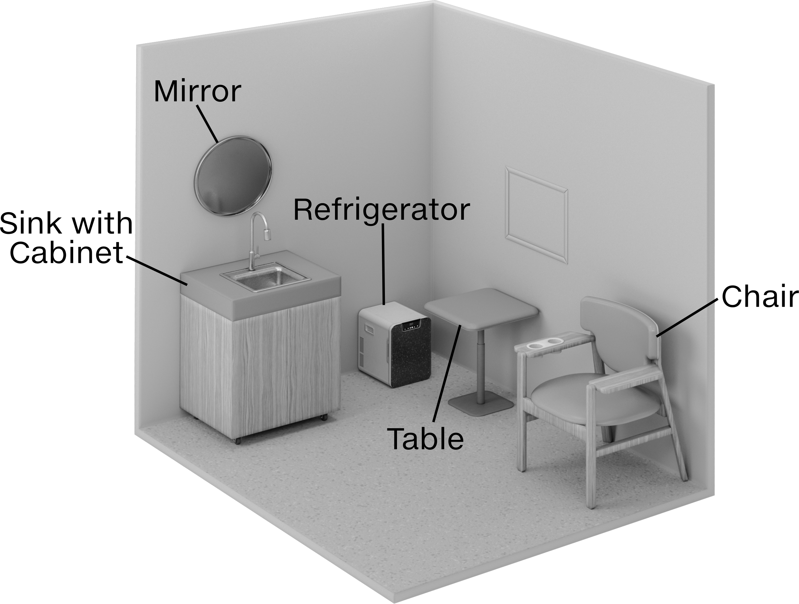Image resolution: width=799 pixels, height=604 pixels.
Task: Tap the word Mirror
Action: [197, 91]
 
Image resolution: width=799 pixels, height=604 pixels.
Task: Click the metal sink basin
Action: [265, 276]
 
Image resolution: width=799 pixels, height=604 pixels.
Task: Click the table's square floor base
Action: [481, 404]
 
